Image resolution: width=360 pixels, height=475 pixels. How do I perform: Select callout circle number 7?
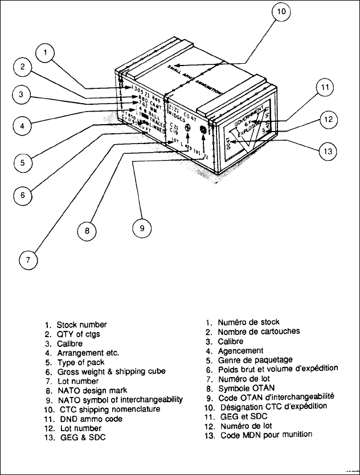pyautogui.click(x=27, y=260)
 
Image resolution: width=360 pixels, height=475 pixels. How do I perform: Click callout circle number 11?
pyautogui.click(x=325, y=88)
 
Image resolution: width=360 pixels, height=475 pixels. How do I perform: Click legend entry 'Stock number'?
pyautogui.click(x=81, y=325)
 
